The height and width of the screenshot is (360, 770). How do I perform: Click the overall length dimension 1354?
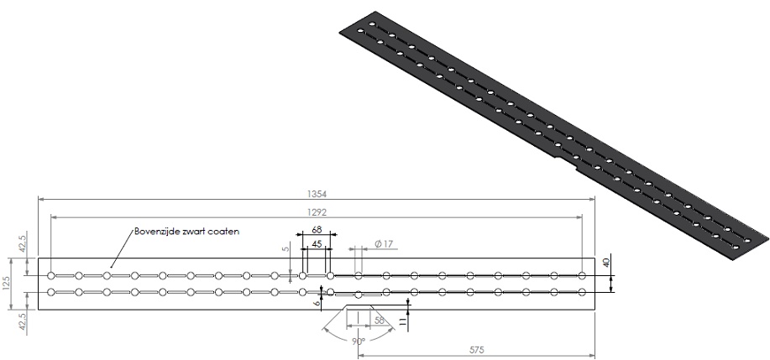(316, 194)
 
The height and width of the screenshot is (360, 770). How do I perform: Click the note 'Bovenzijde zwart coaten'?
(188, 232)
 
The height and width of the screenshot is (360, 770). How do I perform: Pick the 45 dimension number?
(317, 244)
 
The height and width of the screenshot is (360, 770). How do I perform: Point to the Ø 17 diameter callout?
(385, 244)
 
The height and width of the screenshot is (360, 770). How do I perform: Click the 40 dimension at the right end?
(607, 262)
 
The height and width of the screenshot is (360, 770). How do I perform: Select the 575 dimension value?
(475, 345)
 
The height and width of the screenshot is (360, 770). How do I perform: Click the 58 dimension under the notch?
(379, 321)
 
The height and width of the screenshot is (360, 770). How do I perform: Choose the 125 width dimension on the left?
(7, 283)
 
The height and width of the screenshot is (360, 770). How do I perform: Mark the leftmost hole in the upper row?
(51, 275)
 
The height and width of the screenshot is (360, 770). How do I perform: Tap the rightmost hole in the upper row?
(581, 275)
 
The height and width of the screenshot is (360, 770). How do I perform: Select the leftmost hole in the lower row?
(51, 292)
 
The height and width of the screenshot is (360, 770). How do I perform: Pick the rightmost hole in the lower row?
(581, 292)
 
